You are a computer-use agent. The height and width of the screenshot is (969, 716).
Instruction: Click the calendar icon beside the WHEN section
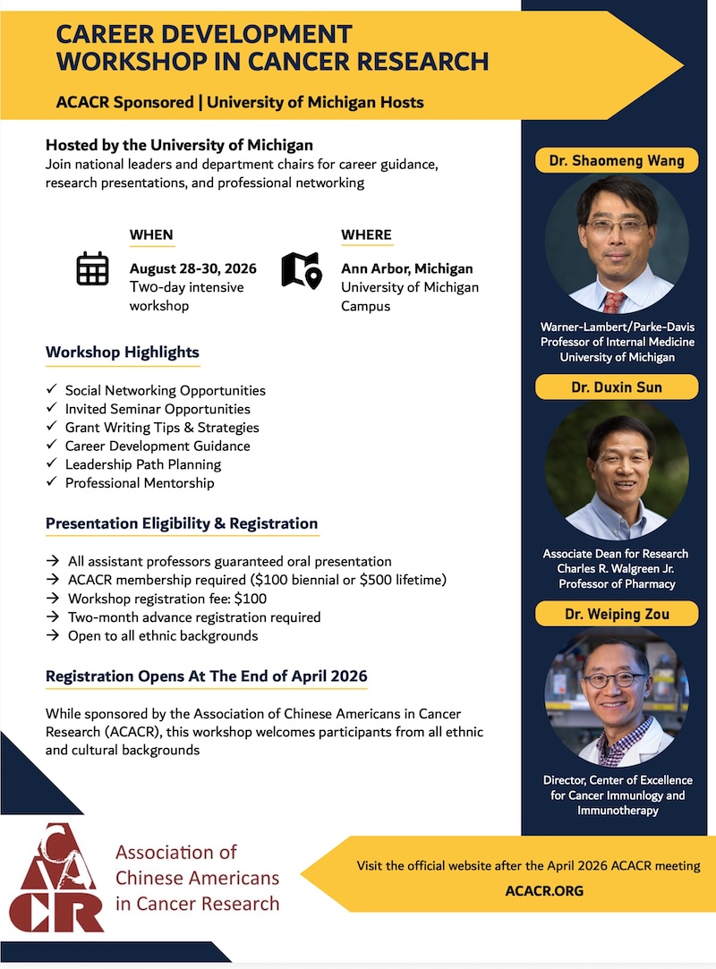point(93,268)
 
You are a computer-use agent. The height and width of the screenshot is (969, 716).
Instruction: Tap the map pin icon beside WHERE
point(302,270)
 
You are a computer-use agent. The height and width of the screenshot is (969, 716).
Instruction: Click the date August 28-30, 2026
point(193,268)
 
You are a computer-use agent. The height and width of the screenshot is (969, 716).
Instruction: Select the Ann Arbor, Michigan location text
point(407,268)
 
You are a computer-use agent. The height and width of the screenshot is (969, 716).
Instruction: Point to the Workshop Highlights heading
point(123,353)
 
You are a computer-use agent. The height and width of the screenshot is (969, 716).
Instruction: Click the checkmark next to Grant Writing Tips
point(51,427)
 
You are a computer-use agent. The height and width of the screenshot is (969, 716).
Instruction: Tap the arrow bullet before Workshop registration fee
point(53,599)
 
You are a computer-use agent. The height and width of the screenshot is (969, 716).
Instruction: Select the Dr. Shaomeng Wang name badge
point(617,161)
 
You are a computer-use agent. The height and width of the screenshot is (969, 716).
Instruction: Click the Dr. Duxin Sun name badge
point(617,387)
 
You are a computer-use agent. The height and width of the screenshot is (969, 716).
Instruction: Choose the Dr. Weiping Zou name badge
point(617,615)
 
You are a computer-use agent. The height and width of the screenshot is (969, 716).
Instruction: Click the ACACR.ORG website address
point(544,890)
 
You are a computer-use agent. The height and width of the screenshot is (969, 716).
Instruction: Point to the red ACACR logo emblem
point(55,878)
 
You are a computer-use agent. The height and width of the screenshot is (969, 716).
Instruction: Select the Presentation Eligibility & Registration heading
point(181,523)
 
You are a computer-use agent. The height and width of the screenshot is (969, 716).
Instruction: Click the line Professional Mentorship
point(140,482)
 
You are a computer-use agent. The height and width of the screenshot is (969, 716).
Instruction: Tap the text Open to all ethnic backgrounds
point(163,636)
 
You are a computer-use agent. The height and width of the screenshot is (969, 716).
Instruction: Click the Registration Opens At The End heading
point(206,676)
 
